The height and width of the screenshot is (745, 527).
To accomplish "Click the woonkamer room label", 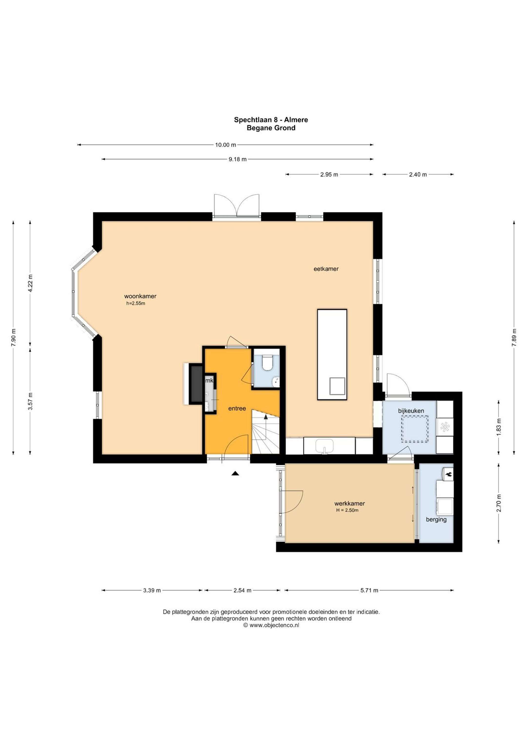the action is coord(140,296).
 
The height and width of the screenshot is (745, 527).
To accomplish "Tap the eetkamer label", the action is coord(326,269).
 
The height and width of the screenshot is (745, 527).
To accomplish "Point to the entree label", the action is coord(237,408).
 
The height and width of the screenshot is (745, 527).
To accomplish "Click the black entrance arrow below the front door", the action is coord(235,473).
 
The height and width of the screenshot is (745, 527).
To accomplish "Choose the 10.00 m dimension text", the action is coord(225,145).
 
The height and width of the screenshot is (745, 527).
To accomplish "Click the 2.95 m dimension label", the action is coord(329,174).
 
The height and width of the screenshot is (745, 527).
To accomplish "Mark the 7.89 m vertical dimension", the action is coord(514,337).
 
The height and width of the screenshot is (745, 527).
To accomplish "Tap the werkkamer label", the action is coord(349,504).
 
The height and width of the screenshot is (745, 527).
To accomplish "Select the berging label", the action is coord(436,520).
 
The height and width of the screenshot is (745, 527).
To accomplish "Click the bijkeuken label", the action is coord(411,411).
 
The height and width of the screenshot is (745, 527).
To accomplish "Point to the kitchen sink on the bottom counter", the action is coord(324,446).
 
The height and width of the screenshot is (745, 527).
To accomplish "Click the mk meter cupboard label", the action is coord(209,380).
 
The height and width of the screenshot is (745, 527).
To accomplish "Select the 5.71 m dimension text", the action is coord(369,590).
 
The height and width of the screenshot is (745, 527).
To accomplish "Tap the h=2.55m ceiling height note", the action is coord(136,303).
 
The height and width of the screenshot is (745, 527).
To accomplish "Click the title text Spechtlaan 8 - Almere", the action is coord(271,120).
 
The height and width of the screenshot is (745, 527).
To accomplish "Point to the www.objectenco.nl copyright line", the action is coord(271,625).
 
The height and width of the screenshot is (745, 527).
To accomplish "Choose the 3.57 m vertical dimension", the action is coord(30,401).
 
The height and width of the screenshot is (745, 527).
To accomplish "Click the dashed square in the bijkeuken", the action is coord(415,429).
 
